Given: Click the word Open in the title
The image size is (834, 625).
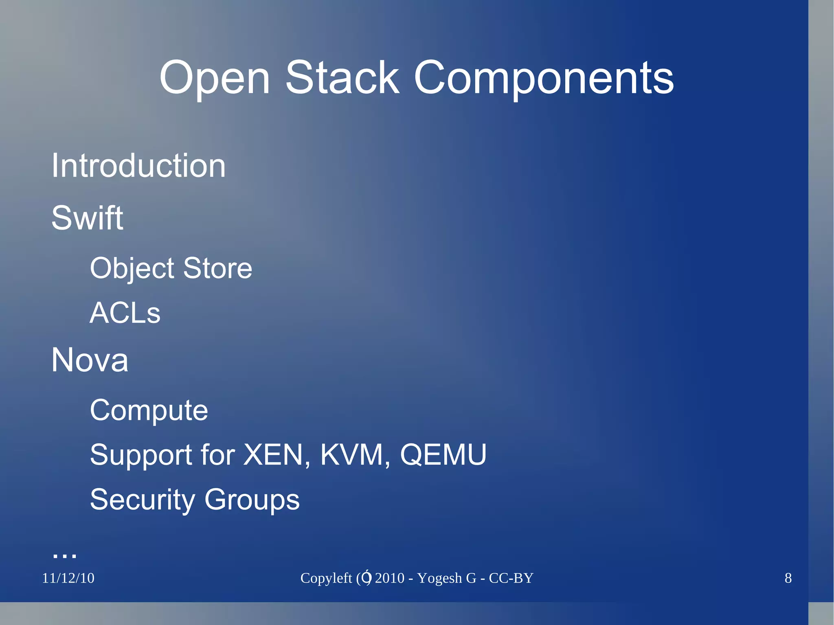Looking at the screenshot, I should coord(215,78).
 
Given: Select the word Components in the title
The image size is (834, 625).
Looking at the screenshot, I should coord(544,78).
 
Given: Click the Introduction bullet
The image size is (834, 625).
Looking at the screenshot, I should coord(138,166).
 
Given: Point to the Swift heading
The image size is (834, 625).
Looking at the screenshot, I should coord(87,218).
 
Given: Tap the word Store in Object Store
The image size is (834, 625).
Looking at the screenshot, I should coord(217,268).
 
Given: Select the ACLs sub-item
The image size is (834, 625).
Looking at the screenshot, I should coord(125,313).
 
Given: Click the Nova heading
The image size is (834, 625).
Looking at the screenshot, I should coord(90,360).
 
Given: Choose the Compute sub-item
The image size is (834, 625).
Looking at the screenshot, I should coord(149,410).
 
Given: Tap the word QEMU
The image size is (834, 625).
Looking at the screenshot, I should coord(443,455).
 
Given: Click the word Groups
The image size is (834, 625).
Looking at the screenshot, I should coord(252,500).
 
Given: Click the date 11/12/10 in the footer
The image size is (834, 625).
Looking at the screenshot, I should coord(68,578).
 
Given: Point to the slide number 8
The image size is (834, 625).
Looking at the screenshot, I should coord(788,578).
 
